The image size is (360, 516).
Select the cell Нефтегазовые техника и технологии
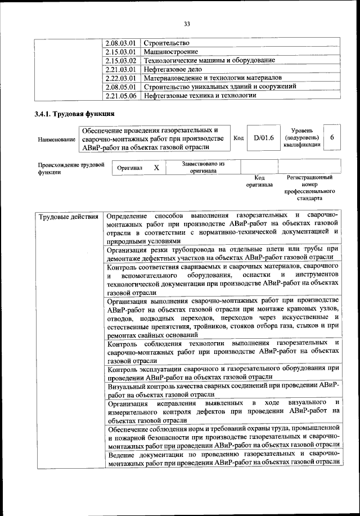coord(200,96)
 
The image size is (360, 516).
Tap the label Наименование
coord(56,139)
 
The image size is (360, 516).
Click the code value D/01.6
coord(263,137)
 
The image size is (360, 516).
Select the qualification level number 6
coord(332,137)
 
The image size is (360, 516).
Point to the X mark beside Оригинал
coord(157,168)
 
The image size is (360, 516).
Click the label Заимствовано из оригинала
coord(203,167)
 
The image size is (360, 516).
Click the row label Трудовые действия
coord(68,216)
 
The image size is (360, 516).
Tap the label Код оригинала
coord(259,181)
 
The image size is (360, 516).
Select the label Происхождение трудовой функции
coord(71,168)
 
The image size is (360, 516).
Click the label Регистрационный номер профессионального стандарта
coord(310,187)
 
